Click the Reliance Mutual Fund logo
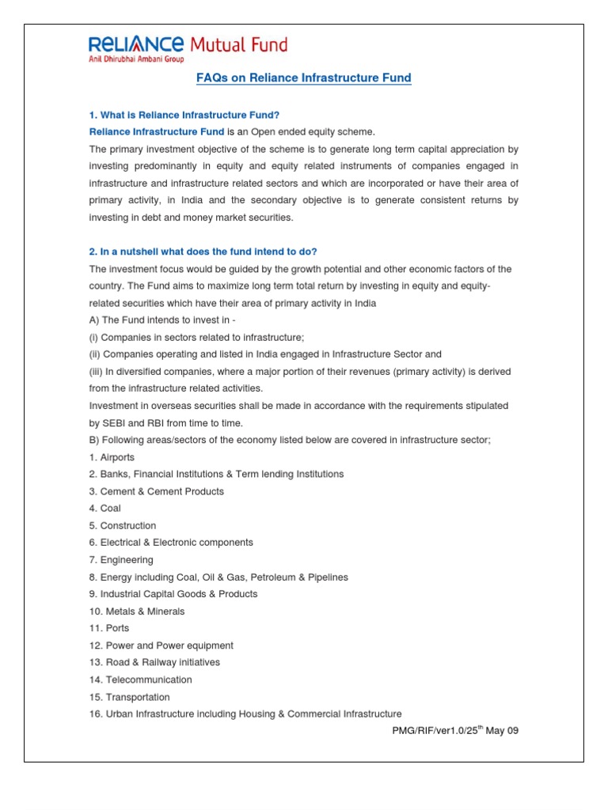pos(188,44)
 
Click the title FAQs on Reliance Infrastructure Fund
pos(303,78)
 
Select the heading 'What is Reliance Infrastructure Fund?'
pos(184,115)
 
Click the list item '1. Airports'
pos(112,457)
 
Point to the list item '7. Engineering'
pos(121,560)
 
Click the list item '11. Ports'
pos(108,628)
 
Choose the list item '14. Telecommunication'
pos(140,679)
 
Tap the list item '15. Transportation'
pos(129,697)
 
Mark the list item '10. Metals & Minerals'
pos(136,611)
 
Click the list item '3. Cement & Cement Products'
pos(156,491)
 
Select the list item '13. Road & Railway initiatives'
pos(154,662)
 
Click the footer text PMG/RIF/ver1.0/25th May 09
pos(454,731)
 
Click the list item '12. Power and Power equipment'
pos(161,645)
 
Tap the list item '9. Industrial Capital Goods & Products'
pos(173,594)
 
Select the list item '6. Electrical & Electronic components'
pos(171,543)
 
